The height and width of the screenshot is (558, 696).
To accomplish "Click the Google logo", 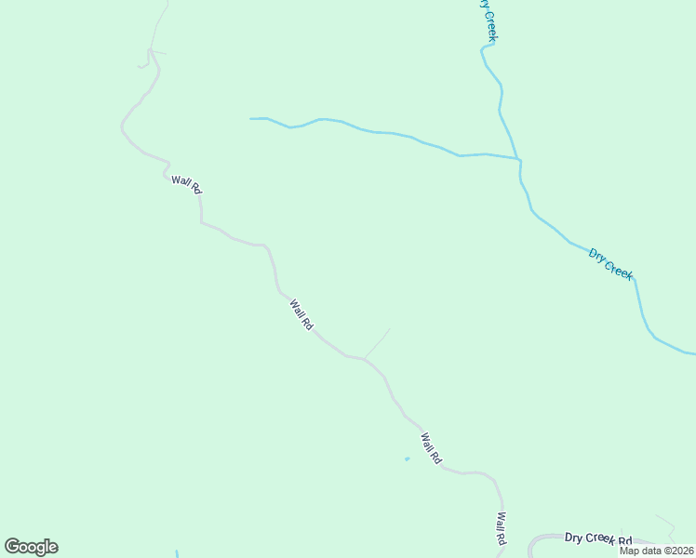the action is [31, 547].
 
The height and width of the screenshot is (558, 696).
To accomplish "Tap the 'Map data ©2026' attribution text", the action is [657, 551].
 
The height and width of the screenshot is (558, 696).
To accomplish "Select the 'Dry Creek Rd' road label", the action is [597, 539].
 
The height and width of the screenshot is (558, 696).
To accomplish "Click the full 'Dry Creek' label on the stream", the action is [610, 263].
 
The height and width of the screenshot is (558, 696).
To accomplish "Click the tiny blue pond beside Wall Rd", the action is [407, 458].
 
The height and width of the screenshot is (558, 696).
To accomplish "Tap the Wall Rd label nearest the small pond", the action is [430, 448].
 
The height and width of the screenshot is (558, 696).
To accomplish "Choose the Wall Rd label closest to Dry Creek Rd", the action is [501, 528].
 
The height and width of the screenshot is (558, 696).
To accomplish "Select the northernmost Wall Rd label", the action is [186, 184].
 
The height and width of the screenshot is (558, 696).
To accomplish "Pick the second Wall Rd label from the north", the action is [301, 314].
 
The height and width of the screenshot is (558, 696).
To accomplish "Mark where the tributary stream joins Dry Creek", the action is [519, 160].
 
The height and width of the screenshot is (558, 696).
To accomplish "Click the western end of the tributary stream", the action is [251, 118].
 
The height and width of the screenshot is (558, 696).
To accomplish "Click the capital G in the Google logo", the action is [12, 547].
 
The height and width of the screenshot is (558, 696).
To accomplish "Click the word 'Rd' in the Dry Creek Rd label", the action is [623, 541].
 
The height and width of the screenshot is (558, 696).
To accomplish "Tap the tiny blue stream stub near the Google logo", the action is [176, 553].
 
